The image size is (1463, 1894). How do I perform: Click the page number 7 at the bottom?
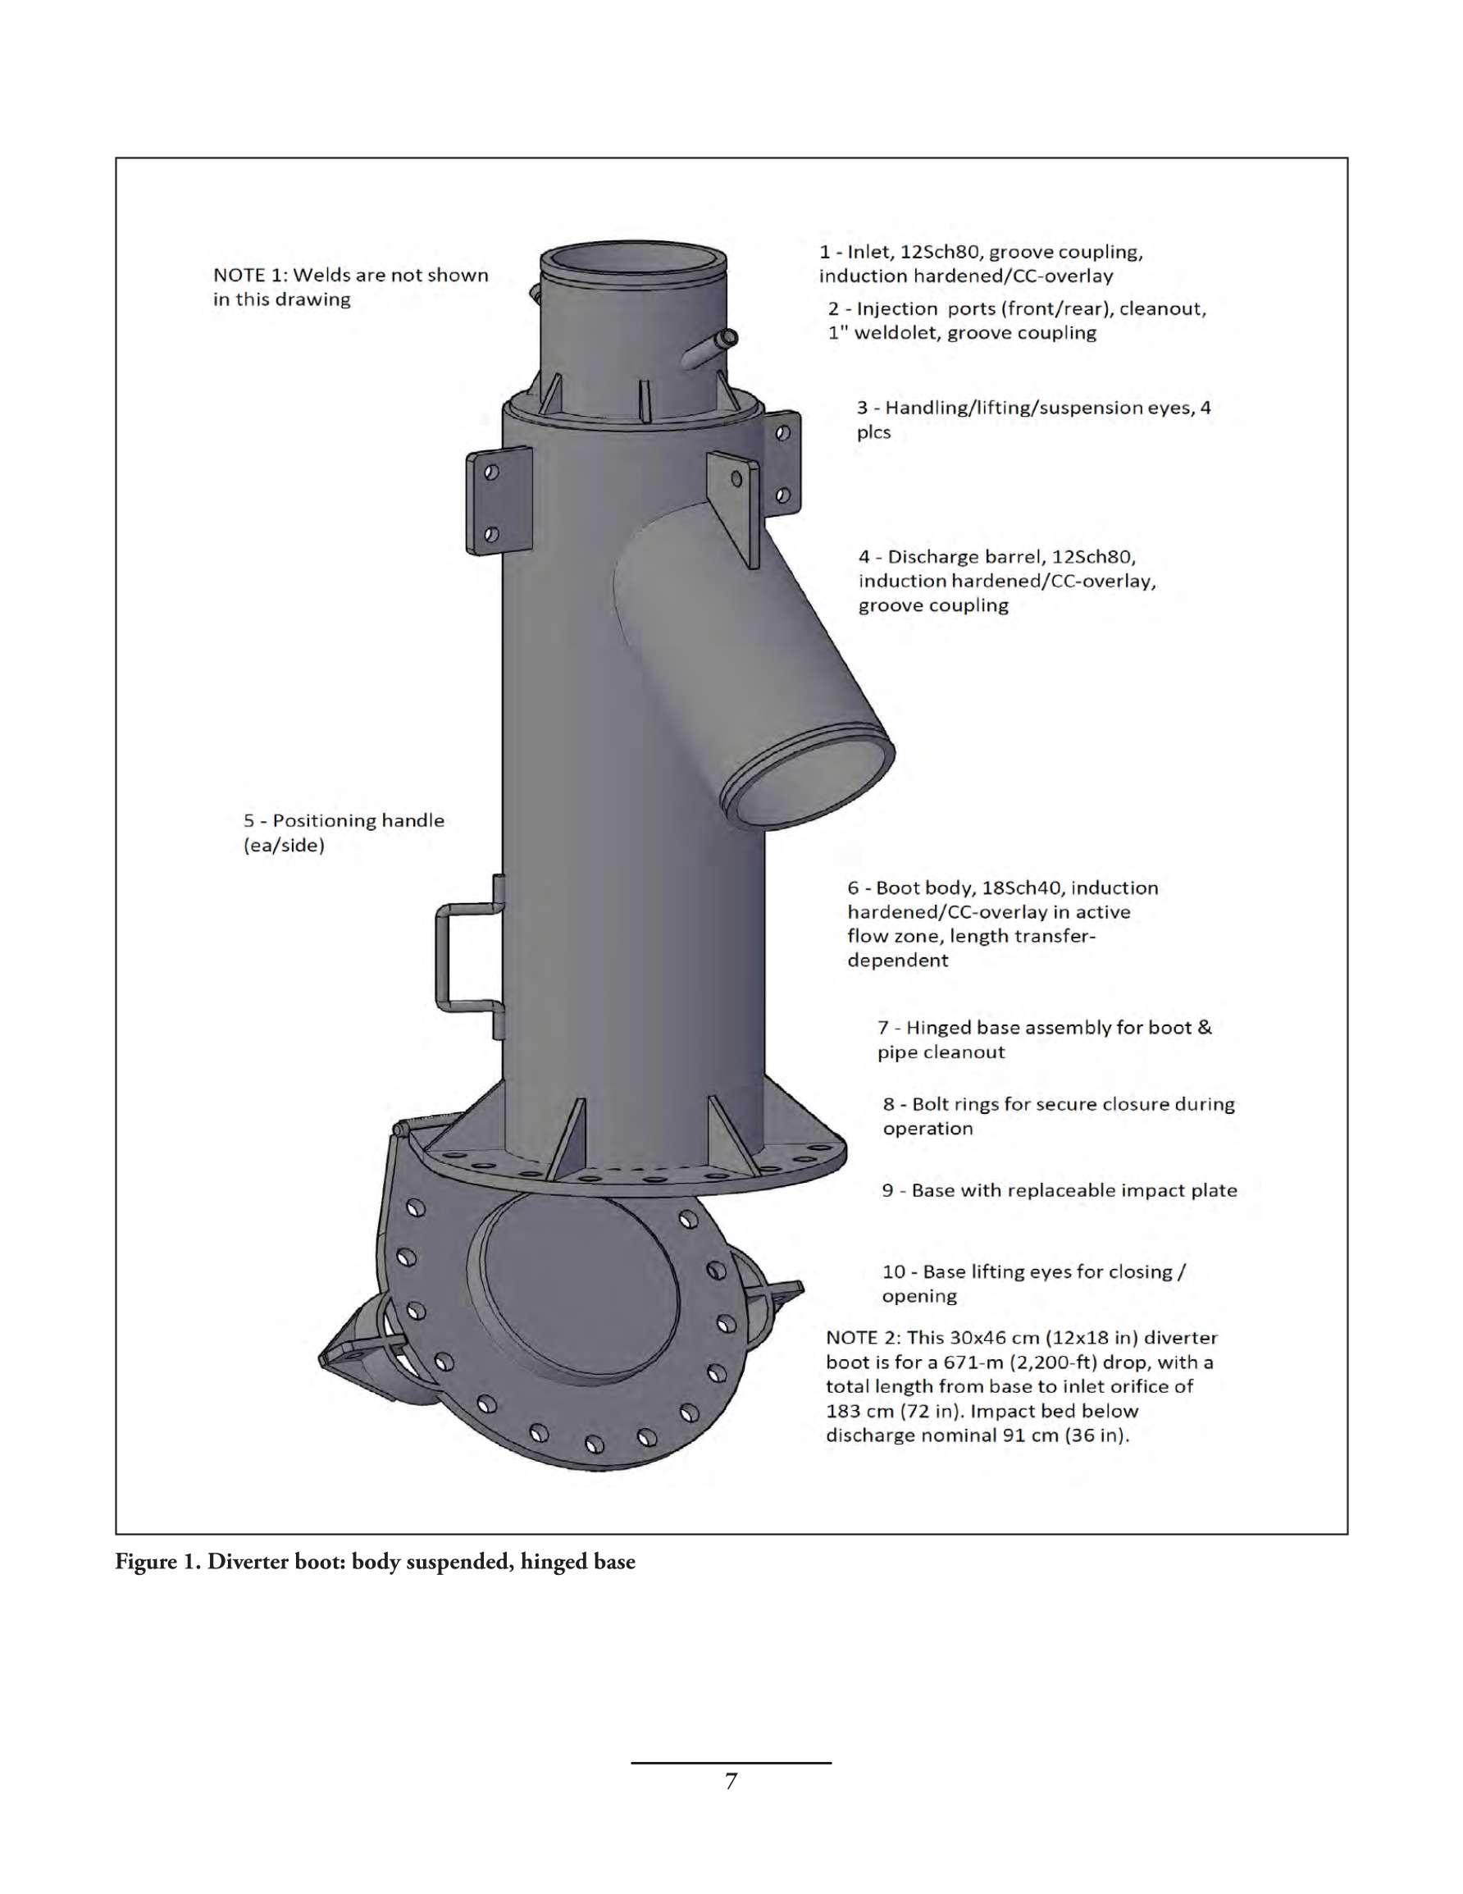(x=731, y=1782)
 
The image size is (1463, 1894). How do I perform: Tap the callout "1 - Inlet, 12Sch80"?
(x=981, y=263)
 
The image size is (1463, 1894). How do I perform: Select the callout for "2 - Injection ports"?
(x=1016, y=320)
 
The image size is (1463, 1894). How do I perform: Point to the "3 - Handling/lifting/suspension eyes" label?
(x=1034, y=420)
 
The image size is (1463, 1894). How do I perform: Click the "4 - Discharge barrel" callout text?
(x=1007, y=580)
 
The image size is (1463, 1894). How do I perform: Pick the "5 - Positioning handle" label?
(x=344, y=833)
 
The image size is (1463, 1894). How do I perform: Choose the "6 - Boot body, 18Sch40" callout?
(x=1002, y=924)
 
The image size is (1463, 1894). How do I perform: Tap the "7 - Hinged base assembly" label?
(x=1044, y=1039)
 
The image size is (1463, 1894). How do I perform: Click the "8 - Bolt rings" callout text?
(x=1058, y=1116)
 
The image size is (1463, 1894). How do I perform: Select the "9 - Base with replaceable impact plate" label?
(x=1059, y=1190)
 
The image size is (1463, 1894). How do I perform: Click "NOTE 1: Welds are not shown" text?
(x=350, y=287)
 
